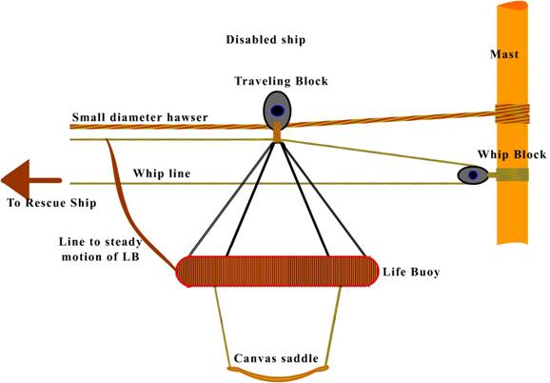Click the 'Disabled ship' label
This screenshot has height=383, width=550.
tap(265, 40)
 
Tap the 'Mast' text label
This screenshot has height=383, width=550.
tap(504, 54)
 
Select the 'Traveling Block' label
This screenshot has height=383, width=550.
tap(282, 81)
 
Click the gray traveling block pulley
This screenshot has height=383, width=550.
tap(277, 111)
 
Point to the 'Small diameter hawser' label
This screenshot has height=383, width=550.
tap(140, 117)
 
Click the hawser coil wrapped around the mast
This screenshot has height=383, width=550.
tap(512, 114)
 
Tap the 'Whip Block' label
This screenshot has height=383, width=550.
tap(512, 154)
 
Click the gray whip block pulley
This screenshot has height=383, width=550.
tap(473, 174)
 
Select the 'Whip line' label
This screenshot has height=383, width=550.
tap(162, 173)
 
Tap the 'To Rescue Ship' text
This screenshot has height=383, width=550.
tap(51, 203)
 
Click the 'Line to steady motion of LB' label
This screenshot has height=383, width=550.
tap(100, 250)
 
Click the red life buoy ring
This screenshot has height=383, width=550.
tap(277, 272)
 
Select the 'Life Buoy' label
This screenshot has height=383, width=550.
tap(411, 272)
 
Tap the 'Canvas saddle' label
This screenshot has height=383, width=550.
tap(276, 358)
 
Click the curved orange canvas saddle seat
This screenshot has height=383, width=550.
tap(278, 373)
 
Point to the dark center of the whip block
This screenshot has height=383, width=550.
tap(473, 174)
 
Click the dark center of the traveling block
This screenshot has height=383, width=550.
tap(277, 111)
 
